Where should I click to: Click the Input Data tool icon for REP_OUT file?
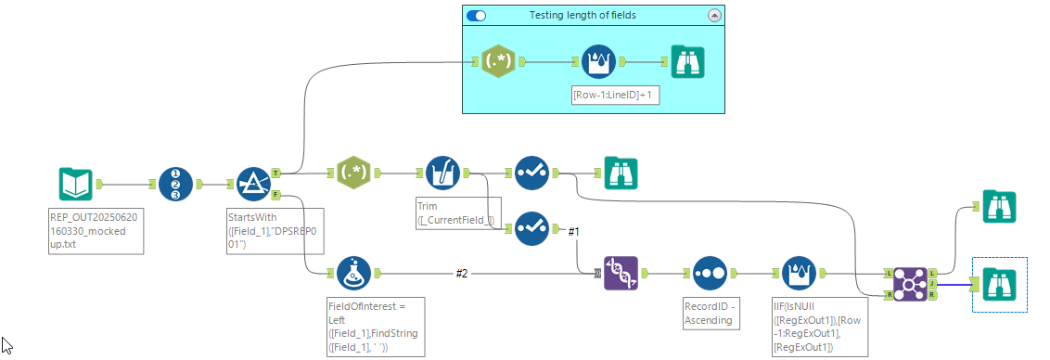(75, 184)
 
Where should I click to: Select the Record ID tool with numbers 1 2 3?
(175, 184)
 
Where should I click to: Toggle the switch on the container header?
(476, 15)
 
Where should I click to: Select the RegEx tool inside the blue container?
(499, 62)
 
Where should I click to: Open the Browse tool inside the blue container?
(687, 62)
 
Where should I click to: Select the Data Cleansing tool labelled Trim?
(442, 173)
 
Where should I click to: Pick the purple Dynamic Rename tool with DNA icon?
(621, 274)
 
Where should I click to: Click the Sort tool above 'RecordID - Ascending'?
(710, 274)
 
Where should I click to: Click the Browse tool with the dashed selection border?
(999, 283)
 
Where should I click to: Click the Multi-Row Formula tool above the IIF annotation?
(800, 274)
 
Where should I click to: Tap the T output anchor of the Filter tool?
(276, 173)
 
